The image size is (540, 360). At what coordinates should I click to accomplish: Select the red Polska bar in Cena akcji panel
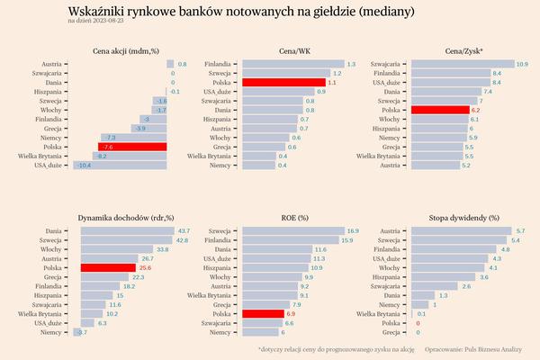(x=132, y=147)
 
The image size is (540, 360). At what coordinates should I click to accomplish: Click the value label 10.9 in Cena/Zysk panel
(x=521, y=64)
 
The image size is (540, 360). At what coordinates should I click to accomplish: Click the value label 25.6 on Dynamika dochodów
(x=143, y=267)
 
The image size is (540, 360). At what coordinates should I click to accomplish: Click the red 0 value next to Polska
(x=418, y=322)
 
